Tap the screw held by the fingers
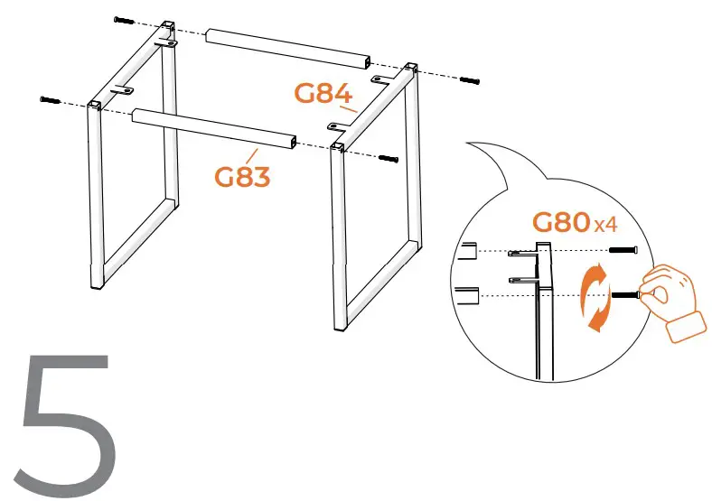[x=627, y=294]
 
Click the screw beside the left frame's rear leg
[x=125, y=20]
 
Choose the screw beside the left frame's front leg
[x=49, y=99]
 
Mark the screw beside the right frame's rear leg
[x=469, y=80]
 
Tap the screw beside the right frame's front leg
[x=388, y=159]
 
